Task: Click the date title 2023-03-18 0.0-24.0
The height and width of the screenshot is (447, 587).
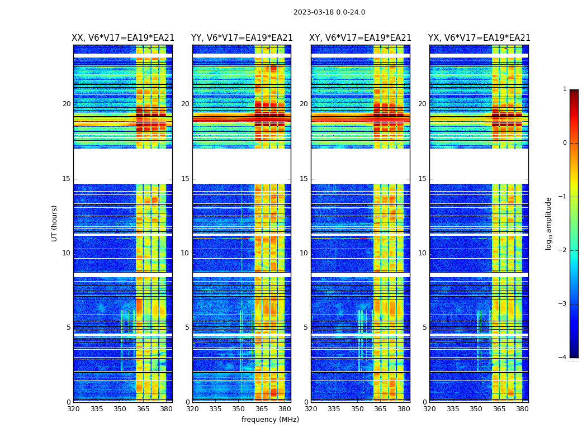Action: pyautogui.click(x=329, y=12)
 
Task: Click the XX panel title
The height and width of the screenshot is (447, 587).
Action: pyautogui.click(x=123, y=38)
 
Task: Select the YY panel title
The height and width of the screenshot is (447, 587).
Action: pyautogui.click(x=242, y=38)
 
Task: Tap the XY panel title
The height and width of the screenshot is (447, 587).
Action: pyautogui.click(x=361, y=38)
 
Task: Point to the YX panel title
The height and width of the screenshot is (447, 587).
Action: pyautogui.click(x=479, y=38)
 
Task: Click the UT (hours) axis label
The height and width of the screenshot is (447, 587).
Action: pyautogui.click(x=55, y=223)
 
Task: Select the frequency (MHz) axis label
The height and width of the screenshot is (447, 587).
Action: pyautogui.click(x=270, y=420)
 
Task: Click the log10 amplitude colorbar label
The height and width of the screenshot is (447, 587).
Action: pyautogui.click(x=549, y=223)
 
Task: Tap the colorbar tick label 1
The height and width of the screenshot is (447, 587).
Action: pyautogui.click(x=565, y=89)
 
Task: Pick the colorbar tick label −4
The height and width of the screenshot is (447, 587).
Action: pyautogui.click(x=563, y=358)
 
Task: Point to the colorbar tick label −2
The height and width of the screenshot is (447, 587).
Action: pyautogui.click(x=563, y=250)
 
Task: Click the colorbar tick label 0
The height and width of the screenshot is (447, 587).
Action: pyautogui.click(x=565, y=143)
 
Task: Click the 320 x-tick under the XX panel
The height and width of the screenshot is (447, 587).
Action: pyautogui.click(x=73, y=409)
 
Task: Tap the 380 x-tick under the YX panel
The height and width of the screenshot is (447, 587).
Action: pyautogui.click(x=522, y=409)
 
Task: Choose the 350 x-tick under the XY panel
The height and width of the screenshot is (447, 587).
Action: pyautogui.click(x=357, y=409)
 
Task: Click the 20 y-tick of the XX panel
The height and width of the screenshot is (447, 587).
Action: pyautogui.click(x=67, y=104)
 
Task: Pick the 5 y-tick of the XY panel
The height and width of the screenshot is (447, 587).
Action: pyautogui.click(x=306, y=327)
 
